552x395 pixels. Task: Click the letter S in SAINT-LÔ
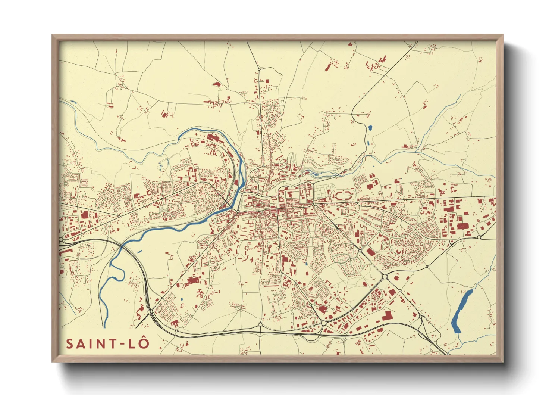click(70, 343)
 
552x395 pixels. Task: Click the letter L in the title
click(131, 343)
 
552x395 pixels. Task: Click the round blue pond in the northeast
click(370, 128)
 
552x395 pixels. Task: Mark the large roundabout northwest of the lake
click(385, 277)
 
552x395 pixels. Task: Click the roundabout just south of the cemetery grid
click(314, 204)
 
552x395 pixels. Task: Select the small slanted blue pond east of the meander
click(140, 251)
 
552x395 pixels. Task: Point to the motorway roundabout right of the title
click(150, 311)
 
